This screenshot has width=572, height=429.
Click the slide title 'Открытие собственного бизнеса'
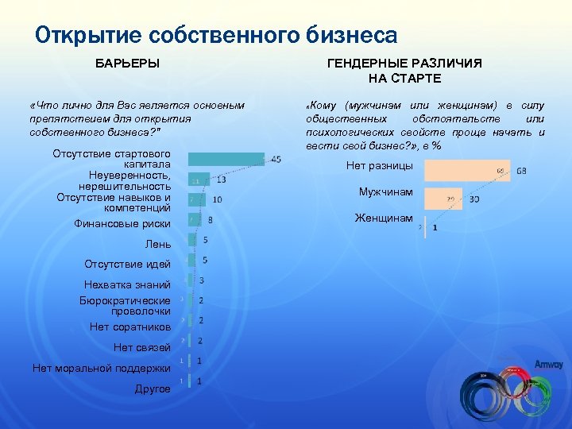tap(216, 35)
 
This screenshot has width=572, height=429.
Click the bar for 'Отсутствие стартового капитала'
tap(226, 159)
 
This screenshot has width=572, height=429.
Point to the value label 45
tap(276, 160)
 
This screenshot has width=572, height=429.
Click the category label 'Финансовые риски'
tap(122, 224)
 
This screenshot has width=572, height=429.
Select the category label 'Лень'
tap(158, 244)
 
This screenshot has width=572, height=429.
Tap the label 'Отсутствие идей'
tap(127, 264)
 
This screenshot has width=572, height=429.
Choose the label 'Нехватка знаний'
tap(127, 284)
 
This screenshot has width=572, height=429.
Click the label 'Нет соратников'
tap(130, 327)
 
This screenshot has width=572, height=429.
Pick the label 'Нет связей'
tap(142, 347)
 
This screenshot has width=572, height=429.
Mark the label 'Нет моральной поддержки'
tap(102, 368)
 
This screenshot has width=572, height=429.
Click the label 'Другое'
tap(153, 388)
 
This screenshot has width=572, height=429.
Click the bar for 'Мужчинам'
tap(443, 199)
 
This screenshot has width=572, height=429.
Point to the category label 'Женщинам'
tap(384, 218)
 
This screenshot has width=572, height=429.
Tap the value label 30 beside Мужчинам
tap(474, 199)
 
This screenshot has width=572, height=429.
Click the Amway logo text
tap(548, 365)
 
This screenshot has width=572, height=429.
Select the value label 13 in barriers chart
tap(221, 180)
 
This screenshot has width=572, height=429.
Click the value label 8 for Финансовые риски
tap(210, 220)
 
